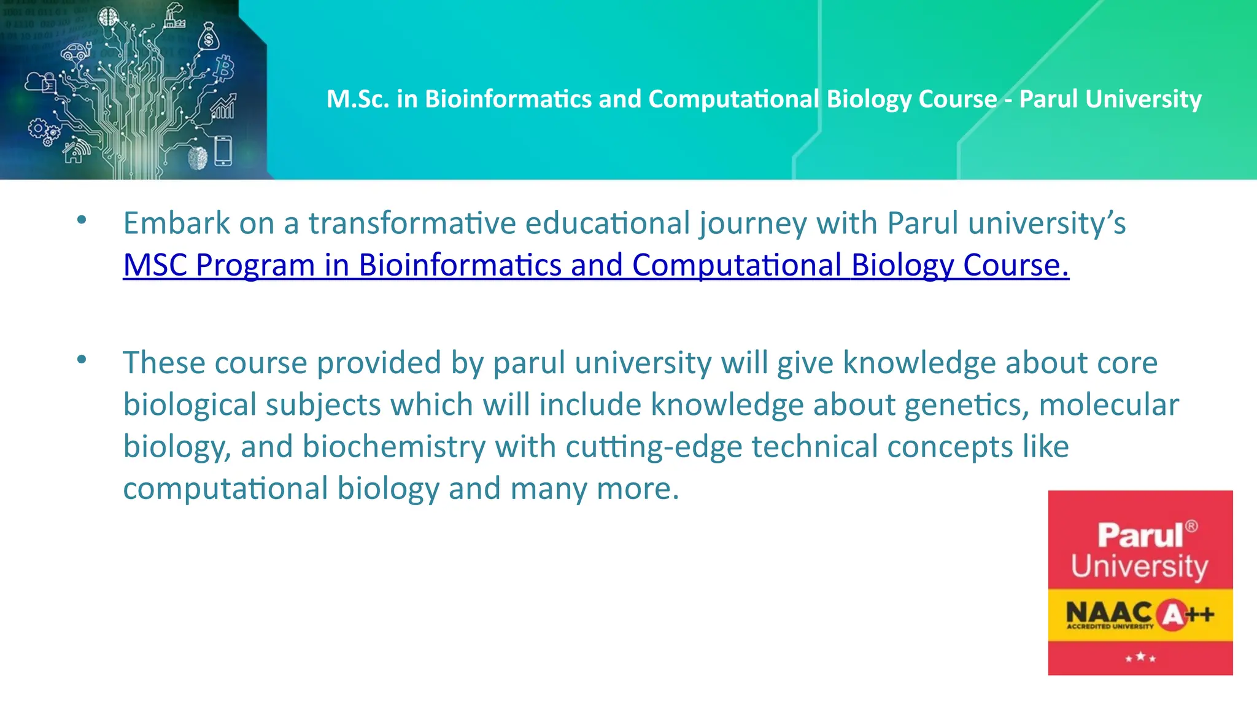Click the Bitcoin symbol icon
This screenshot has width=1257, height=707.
click(x=225, y=68)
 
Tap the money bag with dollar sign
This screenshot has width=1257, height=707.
click(x=209, y=37)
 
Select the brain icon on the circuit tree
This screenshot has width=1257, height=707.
click(x=109, y=18)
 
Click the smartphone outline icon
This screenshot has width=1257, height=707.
click(x=223, y=151)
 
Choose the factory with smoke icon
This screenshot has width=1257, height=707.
click(x=174, y=17)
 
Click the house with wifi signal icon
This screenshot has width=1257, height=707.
click(x=75, y=151)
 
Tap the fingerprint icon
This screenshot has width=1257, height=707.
click(x=198, y=158)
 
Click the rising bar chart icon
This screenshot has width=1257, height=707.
click(x=223, y=107)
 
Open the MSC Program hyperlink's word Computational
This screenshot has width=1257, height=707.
click(x=737, y=266)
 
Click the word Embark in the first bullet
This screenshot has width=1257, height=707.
click(x=176, y=223)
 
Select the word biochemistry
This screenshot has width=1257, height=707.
click(x=393, y=447)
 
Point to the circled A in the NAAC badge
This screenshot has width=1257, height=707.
click(x=1172, y=614)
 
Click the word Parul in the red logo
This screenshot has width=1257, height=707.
click(x=1140, y=535)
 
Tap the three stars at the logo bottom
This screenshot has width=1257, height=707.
click(x=1140, y=658)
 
